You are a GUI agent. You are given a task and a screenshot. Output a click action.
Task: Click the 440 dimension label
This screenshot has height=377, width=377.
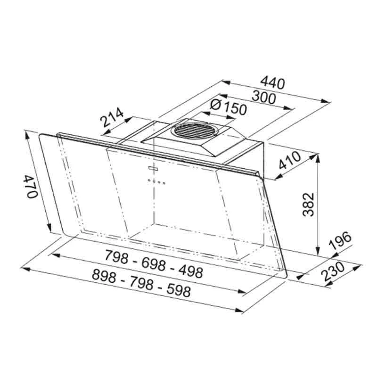click(273, 84)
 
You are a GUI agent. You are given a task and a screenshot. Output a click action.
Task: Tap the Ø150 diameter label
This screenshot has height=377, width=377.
click(228, 107)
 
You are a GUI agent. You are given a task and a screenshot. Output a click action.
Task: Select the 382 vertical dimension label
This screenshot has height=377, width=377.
click(308, 203)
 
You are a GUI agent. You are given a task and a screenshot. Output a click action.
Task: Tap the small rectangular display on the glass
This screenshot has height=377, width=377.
click(154, 168)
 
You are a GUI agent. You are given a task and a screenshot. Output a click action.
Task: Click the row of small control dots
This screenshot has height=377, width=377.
click(156, 181)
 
